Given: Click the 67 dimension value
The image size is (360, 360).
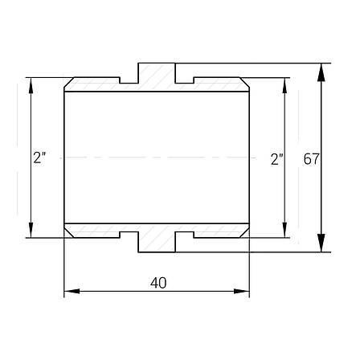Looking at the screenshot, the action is pyautogui.click(x=311, y=159).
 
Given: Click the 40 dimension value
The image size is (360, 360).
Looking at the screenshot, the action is pyautogui.click(x=158, y=283).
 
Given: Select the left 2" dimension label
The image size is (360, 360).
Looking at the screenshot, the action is pyautogui.click(x=40, y=157).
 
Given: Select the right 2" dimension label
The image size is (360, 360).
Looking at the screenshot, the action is pyautogui.click(x=277, y=159).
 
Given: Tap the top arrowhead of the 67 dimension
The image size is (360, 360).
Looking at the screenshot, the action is pyautogui.click(x=321, y=72).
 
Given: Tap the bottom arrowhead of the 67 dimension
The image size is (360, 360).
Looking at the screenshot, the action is pyautogui.click(x=321, y=243).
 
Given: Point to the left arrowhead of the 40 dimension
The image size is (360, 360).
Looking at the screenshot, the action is pyautogui.click(x=72, y=291).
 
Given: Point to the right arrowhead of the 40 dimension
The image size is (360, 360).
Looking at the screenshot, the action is pyautogui.click(x=241, y=291).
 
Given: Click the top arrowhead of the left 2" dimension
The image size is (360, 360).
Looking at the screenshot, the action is pyautogui.click(x=31, y=85).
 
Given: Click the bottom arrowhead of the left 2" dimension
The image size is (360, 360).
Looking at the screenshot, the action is pyautogui.click(x=31, y=230).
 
